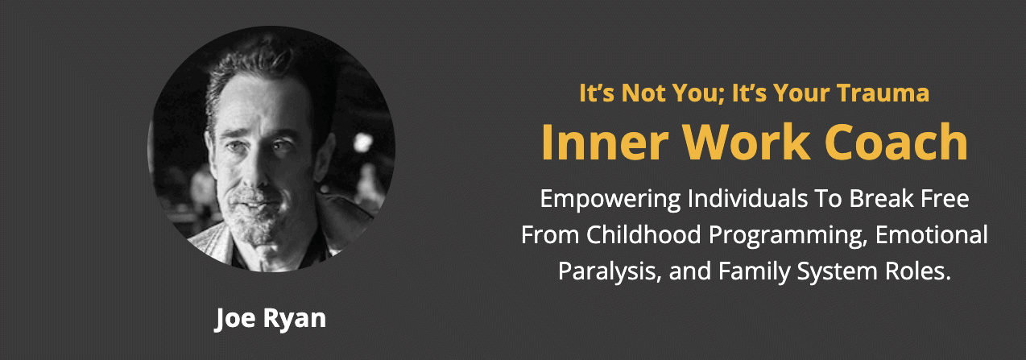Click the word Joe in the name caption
[x=235, y=318]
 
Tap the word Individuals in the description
[x=747, y=199]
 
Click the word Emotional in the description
[x=931, y=235]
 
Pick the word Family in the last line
[x=755, y=272]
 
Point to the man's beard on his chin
[x=254, y=225]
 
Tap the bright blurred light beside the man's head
[x=362, y=142]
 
